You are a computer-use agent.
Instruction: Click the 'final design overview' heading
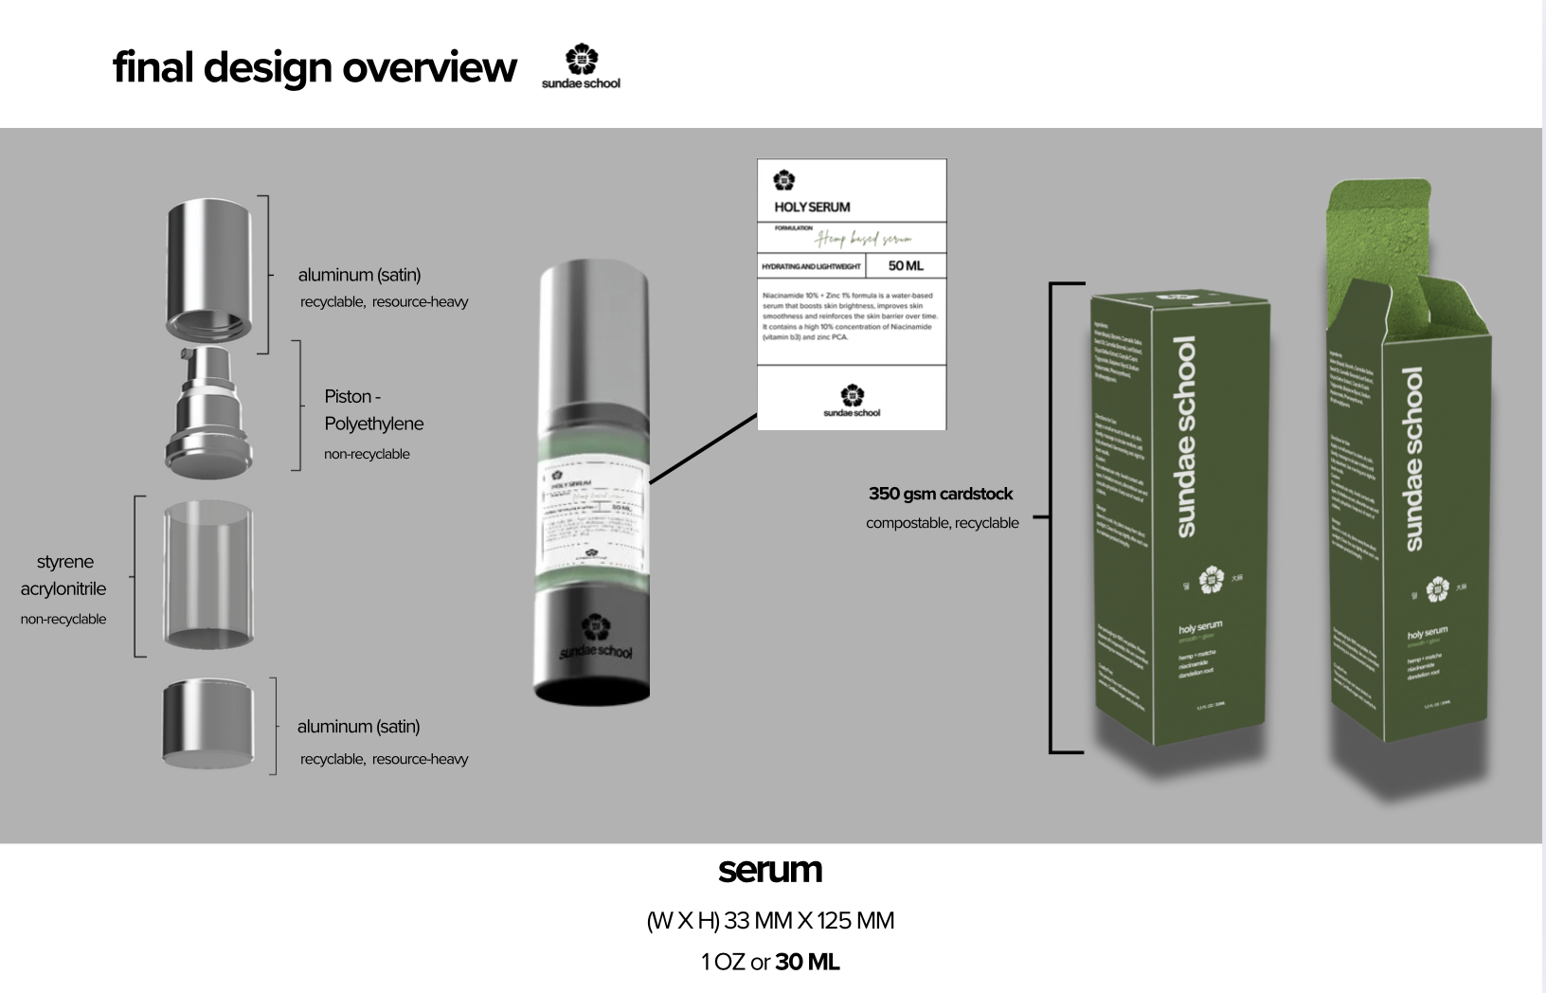pyautogui.click(x=315, y=67)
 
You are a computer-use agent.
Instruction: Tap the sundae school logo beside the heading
pyautogui.click(x=581, y=67)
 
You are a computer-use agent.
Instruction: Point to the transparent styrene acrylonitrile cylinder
pyautogui.click(x=208, y=576)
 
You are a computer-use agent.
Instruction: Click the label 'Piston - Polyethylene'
pyautogui.click(x=373, y=409)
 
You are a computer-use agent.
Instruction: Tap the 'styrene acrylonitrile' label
pyautogui.click(x=63, y=575)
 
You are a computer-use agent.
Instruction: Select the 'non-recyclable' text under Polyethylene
pyautogui.click(x=367, y=454)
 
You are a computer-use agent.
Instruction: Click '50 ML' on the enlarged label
pyautogui.click(x=906, y=266)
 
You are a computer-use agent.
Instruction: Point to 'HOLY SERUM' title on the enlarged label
pyautogui.click(x=812, y=207)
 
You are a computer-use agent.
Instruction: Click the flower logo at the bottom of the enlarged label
pyautogui.click(x=852, y=395)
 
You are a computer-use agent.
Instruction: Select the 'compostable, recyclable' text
pyautogui.click(x=942, y=523)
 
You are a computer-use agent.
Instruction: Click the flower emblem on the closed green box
pyautogui.click(x=1211, y=580)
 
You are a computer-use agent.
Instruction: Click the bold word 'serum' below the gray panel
pyautogui.click(x=770, y=869)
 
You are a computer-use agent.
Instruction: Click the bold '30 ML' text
pyautogui.click(x=807, y=962)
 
